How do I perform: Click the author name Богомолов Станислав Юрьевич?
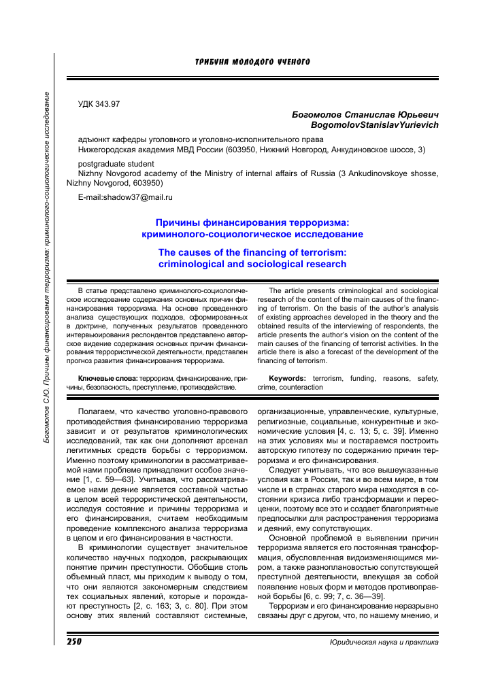tap(365, 115)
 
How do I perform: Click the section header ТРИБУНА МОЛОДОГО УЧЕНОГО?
tap(252, 62)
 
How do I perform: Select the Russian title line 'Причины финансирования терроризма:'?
tap(252, 222)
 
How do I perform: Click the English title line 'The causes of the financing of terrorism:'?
tap(252, 253)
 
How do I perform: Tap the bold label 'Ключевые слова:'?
tap(107, 377)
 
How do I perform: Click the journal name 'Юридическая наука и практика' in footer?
tap(384, 641)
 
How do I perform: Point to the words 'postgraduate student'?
tap(116, 164)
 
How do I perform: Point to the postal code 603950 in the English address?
tap(147, 183)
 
